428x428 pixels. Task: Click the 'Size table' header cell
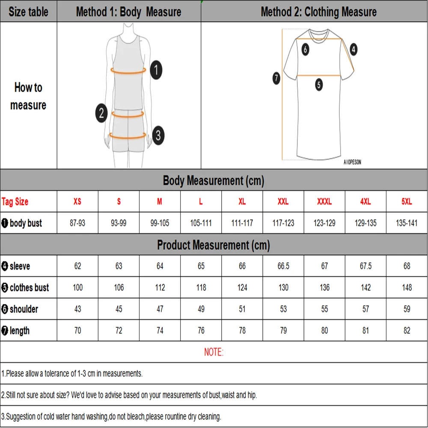pos(28,12)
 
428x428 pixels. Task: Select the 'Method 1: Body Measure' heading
pos(129,12)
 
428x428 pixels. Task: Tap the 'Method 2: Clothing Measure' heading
pos(318,12)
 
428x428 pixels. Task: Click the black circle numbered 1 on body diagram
pos(157,70)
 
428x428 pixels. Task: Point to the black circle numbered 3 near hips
pos(158,136)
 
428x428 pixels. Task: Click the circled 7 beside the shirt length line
pos(276,78)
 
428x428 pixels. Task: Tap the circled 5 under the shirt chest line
pos(319,85)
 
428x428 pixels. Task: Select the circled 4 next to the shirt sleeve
pos(353,49)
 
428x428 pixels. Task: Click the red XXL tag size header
pos(283,202)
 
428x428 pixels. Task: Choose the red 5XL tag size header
pos(407,202)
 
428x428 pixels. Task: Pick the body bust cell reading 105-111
pos(201,223)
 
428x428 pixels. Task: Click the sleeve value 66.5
pos(283,266)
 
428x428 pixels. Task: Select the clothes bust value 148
pos(407,288)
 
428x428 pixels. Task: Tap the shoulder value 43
pos(77,309)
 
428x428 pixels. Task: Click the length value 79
pos(283,330)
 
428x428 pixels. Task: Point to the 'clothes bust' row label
pos(26,288)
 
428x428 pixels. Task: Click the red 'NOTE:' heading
pos(214,352)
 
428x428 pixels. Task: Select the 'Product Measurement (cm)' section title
pos(214,245)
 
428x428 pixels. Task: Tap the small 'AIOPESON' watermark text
pos(352,163)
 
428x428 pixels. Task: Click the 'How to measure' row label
pos(28,96)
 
